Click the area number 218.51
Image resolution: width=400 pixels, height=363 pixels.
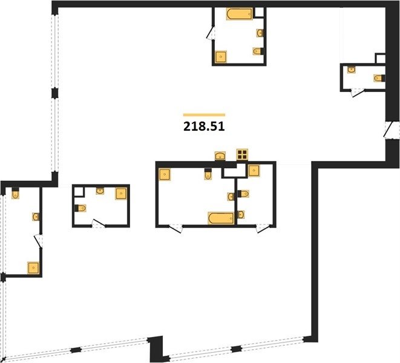coord(204,126)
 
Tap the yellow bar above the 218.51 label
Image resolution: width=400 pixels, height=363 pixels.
coord(204,115)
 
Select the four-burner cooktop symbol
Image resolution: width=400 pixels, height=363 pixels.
coord(242,154)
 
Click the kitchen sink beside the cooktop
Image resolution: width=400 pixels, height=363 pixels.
coord(220,155)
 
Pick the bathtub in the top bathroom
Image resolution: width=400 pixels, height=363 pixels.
coord(239,14)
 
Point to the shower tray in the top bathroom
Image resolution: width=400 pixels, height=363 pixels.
coord(221,57)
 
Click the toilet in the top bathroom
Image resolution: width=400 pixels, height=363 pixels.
coord(258,51)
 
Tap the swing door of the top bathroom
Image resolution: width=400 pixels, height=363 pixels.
coord(211,33)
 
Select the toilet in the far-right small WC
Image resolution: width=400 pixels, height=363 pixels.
coord(379,78)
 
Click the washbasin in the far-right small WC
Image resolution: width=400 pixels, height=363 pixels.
coord(352,70)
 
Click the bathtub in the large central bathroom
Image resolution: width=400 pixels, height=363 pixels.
coord(221,218)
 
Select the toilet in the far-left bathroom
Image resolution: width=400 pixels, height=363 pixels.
coord(16,194)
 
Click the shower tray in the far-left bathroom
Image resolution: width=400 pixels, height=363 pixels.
coord(33,268)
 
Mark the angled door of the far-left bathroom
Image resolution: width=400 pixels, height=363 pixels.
coord(39,241)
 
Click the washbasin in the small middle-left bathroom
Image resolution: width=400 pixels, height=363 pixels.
coord(100,191)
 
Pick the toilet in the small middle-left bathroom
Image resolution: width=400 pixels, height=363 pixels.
coord(80,208)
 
